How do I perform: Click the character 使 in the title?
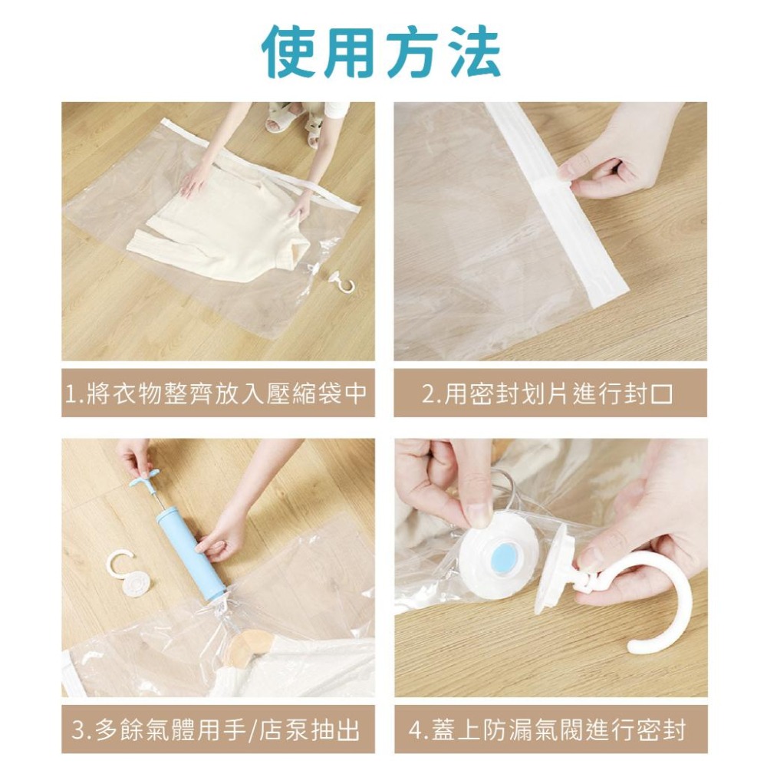pos(290,51)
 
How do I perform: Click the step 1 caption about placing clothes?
pos(216,393)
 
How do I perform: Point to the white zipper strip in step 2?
pos(558,206)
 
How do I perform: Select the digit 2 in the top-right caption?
pos(429,394)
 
